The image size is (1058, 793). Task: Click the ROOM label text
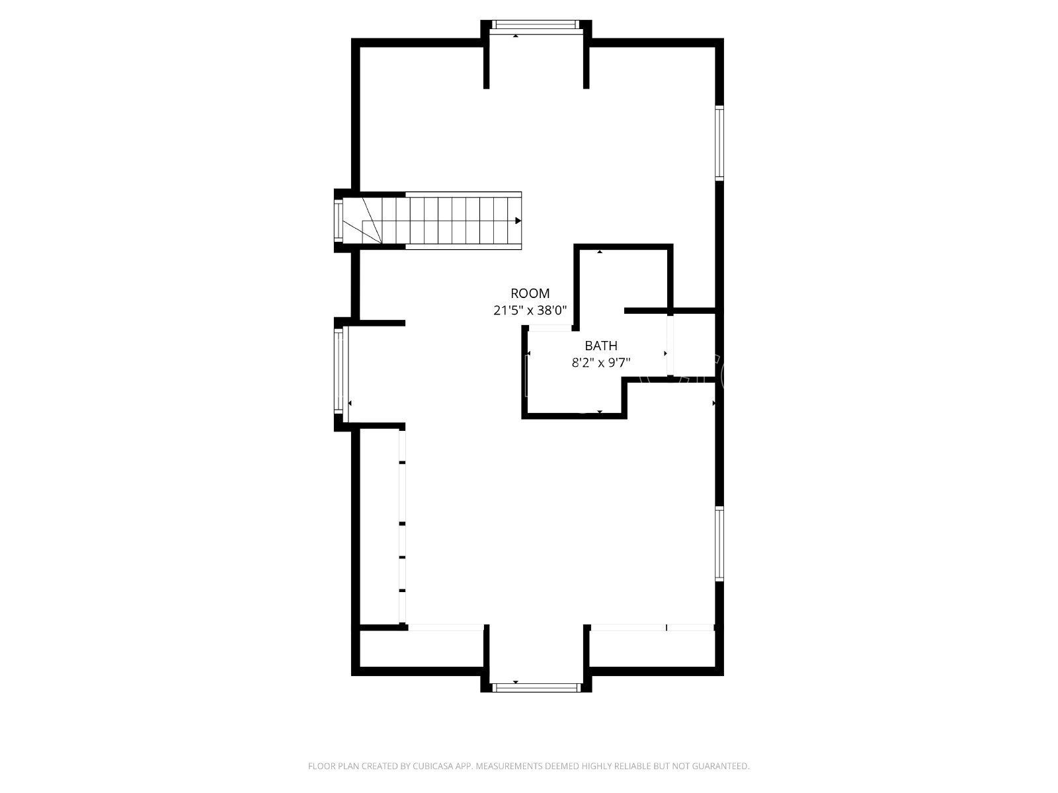click(530, 293)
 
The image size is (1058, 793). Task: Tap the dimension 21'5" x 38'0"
click(530, 311)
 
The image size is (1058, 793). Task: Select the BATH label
click(600, 346)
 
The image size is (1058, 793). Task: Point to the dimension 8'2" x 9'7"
click(600, 363)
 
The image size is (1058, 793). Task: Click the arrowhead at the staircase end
click(518, 221)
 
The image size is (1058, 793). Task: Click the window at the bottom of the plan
click(536, 687)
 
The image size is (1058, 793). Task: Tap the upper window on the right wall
click(719, 143)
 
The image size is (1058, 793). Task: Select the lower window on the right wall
click(719, 544)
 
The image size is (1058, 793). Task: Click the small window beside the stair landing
click(339, 221)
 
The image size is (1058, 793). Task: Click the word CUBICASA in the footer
click(434, 766)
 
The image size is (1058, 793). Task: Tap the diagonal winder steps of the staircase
click(371, 221)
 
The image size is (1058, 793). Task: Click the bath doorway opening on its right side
click(670, 345)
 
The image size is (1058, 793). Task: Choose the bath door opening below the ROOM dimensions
click(550, 328)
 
